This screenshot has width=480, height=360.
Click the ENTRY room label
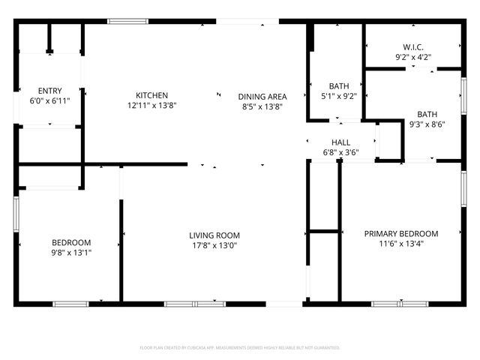(x=49, y=90)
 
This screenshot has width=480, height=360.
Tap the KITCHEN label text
(x=151, y=95)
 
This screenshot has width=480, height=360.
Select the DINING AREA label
(x=262, y=96)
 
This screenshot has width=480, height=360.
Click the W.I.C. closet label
(x=413, y=46)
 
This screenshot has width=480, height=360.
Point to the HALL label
(x=341, y=142)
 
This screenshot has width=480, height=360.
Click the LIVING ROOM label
(x=214, y=235)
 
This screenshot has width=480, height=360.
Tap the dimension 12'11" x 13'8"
(x=151, y=106)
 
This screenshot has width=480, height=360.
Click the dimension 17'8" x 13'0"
(x=214, y=245)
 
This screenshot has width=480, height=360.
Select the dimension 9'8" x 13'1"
(x=71, y=252)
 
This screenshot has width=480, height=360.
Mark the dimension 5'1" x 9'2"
(x=339, y=96)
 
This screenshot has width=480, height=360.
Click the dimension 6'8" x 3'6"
(x=341, y=153)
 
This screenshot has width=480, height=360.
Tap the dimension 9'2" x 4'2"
(x=413, y=56)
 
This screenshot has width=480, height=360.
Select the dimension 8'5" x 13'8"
(x=262, y=106)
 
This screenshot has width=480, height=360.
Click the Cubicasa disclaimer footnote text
(x=240, y=348)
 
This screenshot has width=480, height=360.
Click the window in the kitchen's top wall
(x=127, y=21)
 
